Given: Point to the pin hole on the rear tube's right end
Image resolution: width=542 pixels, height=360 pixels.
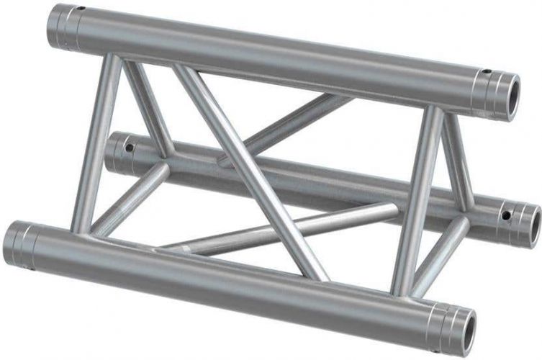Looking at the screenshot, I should (507, 214).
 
